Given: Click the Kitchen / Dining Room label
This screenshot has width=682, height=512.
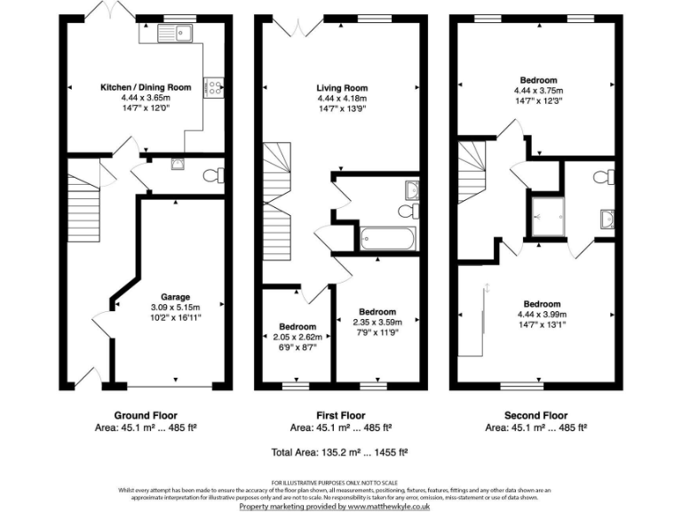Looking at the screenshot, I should pyautogui.click(x=146, y=87).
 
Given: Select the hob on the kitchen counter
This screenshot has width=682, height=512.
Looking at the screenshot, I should pyautogui.click(x=215, y=86).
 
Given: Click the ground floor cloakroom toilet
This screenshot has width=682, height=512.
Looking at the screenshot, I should pyautogui.click(x=210, y=175).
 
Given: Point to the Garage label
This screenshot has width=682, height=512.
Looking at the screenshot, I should pyautogui.click(x=174, y=297).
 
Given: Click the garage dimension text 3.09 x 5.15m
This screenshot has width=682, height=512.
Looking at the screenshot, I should pyautogui.click(x=174, y=307).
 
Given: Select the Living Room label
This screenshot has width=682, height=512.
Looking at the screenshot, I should pyautogui.click(x=342, y=87).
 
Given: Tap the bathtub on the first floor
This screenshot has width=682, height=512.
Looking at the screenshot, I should pyautogui.click(x=387, y=238).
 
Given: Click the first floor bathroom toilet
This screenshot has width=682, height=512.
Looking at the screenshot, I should pyautogui.click(x=408, y=211).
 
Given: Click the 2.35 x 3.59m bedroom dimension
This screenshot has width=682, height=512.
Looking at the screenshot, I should pyautogui.click(x=377, y=322).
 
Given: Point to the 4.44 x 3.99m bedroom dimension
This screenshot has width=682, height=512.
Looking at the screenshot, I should pyautogui.click(x=542, y=314).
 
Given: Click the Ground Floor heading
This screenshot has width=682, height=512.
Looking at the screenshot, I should pyautogui.click(x=146, y=415).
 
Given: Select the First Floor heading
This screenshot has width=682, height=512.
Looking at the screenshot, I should pyautogui.click(x=341, y=415).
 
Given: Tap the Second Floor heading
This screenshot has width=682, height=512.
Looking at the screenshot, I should pyautogui.click(x=535, y=415).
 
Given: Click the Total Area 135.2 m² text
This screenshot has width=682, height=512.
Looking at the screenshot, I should pyautogui.click(x=341, y=452).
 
